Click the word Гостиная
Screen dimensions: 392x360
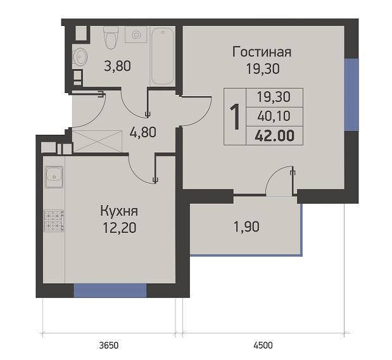coord(262,53)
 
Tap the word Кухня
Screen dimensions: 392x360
coord(119,211)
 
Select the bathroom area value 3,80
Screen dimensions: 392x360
coord(117,66)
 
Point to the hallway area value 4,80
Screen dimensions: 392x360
coord(143,132)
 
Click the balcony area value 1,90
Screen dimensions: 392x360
coord(246,227)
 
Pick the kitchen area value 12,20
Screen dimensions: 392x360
coord(120,228)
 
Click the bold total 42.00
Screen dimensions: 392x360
coord(274,136)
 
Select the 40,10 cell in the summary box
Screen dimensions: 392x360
coord(274,116)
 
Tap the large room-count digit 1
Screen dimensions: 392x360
coord(235,116)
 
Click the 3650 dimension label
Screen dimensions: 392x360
coord(109,345)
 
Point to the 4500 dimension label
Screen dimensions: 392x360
coord(263,345)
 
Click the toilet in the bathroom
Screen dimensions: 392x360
coord(111,37)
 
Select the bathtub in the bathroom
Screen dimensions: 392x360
coord(163,56)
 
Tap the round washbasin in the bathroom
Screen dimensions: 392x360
coord(80,56)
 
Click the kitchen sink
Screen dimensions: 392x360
coord(54,177)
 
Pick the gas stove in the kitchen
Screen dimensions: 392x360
coord(54,221)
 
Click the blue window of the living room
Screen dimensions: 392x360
coord(351,95)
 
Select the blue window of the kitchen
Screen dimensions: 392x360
coord(110,290)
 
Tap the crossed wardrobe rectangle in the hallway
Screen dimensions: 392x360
coord(98,141)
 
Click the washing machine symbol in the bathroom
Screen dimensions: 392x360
coord(136,34)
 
